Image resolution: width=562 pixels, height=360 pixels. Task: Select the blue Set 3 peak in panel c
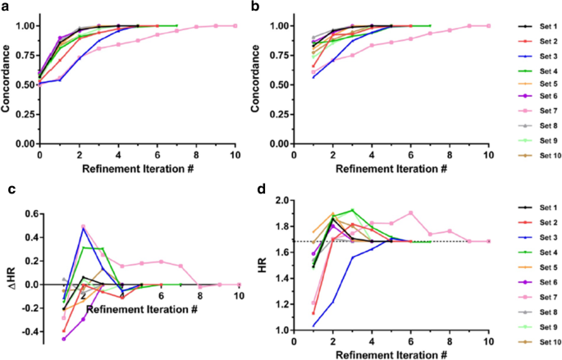[83, 229]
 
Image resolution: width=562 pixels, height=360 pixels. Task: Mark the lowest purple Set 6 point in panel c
[64, 338]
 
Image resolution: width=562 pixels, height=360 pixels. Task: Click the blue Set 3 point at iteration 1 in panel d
[313, 326]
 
